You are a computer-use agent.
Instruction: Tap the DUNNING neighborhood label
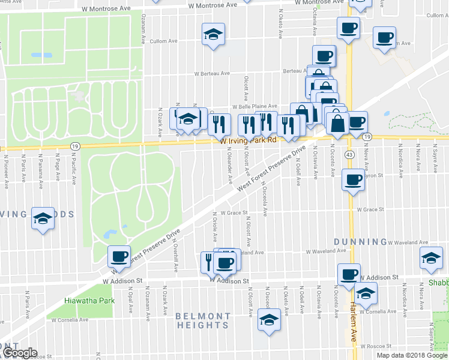[351, 242]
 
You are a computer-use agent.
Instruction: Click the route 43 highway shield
[349, 155]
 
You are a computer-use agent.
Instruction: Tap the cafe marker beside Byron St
[353, 179]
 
